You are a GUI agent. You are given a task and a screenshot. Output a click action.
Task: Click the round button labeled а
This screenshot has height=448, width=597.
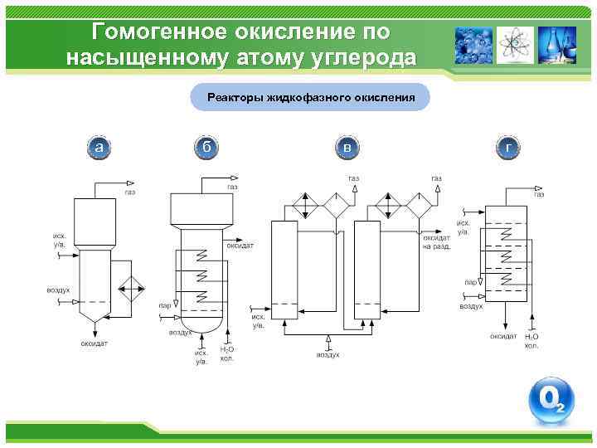coord(99,148)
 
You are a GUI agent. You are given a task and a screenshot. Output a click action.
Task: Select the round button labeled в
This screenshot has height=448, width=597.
coord(347,148)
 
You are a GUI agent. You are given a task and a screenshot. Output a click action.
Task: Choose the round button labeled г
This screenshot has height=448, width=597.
coord(508,148)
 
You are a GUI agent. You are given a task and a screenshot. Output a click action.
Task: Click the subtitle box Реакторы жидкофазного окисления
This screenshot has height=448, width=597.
coord(310,97)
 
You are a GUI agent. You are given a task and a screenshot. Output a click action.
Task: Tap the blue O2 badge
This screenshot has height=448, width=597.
coord(551,402)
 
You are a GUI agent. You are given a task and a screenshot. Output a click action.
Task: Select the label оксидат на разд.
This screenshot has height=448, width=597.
coord(437,242)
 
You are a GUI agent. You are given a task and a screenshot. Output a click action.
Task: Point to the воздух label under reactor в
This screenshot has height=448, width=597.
coord(328,354)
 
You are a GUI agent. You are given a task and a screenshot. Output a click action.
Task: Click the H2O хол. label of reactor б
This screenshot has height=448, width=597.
coord(226,354)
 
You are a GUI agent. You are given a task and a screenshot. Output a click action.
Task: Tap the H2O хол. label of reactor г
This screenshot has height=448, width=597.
coord(531,341)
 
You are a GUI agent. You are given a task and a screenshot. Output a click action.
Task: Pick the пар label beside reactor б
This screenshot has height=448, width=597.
coord(165,305)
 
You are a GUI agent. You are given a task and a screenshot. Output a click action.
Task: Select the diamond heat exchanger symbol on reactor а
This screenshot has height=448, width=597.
coord(130,289)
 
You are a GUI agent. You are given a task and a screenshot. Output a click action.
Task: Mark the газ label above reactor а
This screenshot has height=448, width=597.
coord(130,192)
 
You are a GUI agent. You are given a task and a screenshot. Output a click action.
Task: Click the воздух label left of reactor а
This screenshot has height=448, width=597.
coord(57,290)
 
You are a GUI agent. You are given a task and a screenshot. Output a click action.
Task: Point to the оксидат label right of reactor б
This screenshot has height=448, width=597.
coord(240,246)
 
